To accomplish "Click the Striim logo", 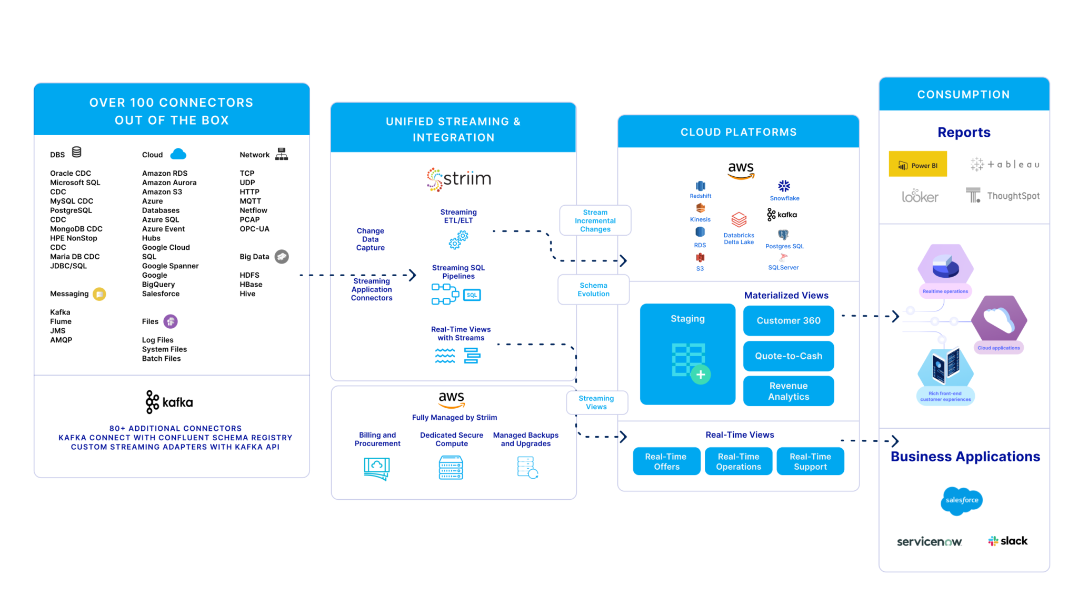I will pos(458,179).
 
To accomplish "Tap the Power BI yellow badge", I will pos(917,164).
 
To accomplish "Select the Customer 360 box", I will pos(788,320).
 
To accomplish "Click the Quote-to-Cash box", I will pos(788,356).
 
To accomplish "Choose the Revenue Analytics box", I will pos(788,391).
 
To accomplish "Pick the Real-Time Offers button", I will pos(666,461).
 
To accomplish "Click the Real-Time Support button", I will pos(810,461).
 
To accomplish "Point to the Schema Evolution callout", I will pos(593,290).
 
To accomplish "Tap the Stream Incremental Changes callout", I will pos(595,220).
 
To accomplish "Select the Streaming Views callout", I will pos(596,402).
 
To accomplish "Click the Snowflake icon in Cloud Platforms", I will pos(784,186).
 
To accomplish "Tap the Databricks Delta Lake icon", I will pos(738,220).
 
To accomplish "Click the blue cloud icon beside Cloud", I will pos(178,154).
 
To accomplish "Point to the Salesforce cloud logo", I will pos(961,500).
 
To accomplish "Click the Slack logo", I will pos(1007,541).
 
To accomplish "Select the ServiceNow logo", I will pos(929,542).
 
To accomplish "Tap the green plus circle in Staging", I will pos(701,375).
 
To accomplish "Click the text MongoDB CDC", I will pos(76,229).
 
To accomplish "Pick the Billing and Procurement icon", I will pos(376,468).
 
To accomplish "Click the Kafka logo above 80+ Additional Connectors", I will pos(169,402).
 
